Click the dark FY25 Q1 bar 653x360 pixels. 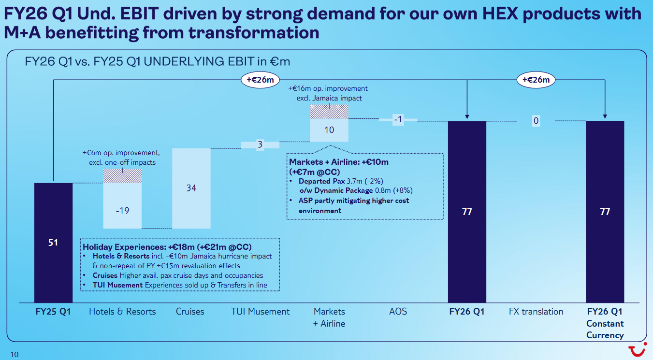[x=53, y=243]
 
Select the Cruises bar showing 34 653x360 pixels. [x=191, y=188]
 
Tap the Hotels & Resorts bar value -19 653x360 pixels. [x=123, y=210]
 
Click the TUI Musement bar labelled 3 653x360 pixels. [x=260, y=144]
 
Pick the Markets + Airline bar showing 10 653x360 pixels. [x=329, y=130]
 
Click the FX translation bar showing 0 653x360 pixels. [x=536, y=121]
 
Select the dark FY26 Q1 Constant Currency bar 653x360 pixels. [x=605, y=212]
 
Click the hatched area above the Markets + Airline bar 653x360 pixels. [x=329, y=112]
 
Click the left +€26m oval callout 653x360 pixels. [x=260, y=80]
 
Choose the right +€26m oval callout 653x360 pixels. [x=536, y=80]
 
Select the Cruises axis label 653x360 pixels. [x=190, y=312]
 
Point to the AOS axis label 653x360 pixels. [x=398, y=312]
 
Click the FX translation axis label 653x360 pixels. [x=536, y=312]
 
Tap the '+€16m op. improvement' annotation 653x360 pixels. [x=328, y=89]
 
